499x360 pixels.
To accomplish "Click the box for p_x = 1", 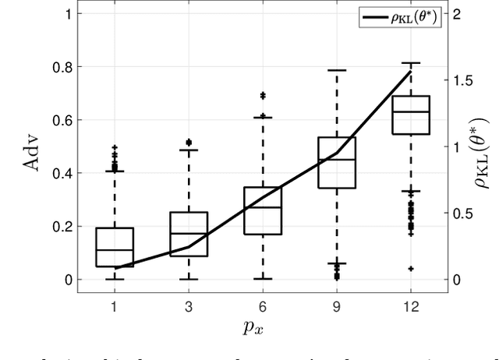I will click(115, 247).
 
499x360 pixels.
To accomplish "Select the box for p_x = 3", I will click(189, 234).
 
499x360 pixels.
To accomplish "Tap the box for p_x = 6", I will click(263, 210).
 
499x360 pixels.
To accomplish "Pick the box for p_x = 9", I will click(337, 163).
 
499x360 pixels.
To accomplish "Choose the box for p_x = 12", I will click(411, 115).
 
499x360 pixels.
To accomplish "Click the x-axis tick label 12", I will click(411, 307).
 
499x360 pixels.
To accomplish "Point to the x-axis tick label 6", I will click(263, 307).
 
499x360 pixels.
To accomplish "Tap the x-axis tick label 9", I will click(337, 307).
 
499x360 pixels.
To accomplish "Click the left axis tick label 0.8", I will click(61, 67).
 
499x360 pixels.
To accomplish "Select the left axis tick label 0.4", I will click(61, 173).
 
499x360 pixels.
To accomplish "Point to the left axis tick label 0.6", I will click(61, 120).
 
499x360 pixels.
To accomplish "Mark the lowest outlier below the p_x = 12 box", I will click(411, 268).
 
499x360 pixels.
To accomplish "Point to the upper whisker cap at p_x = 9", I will click(337, 70).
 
